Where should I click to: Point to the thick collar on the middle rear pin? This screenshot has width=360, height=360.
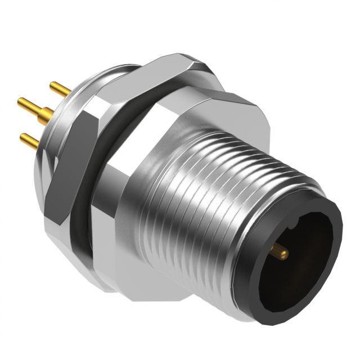(x=47, y=112)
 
